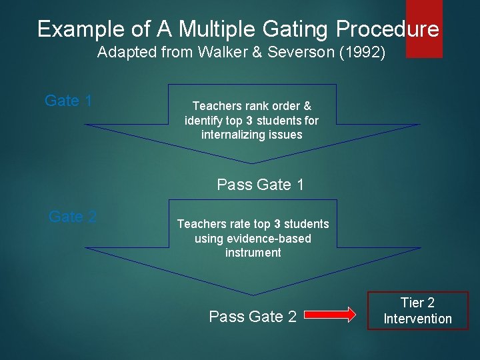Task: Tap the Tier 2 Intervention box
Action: pyautogui.click(x=417, y=311)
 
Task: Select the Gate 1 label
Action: pyautogui.click(x=68, y=101)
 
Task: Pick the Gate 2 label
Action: pyautogui.click(x=73, y=217)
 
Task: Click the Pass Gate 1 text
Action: pyautogui.click(x=260, y=185)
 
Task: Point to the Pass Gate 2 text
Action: pyautogui.click(x=253, y=317)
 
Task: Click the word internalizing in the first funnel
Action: pyautogui.click(x=233, y=135)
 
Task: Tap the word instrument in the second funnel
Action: pyautogui.click(x=253, y=253)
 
